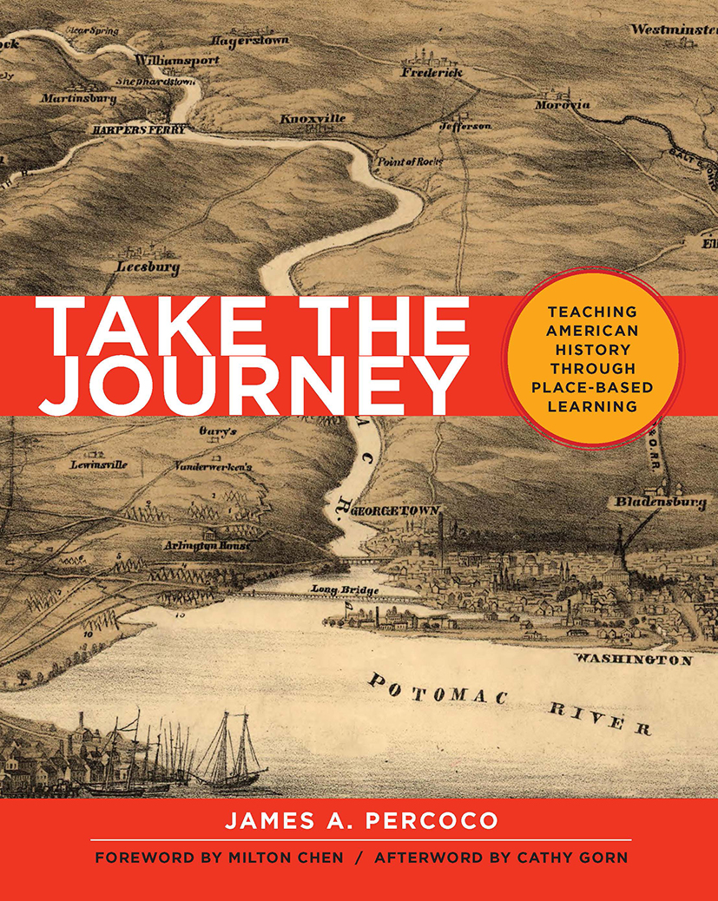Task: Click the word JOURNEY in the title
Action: pyautogui.click(x=252, y=381)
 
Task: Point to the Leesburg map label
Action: pyautogui.click(x=148, y=267)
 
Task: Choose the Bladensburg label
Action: pyautogui.click(x=660, y=502)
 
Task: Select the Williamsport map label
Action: pyautogui.click(x=176, y=62)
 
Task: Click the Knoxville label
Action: pyautogui.click(x=312, y=118)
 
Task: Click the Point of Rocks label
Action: pyautogui.click(x=408, y=161)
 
